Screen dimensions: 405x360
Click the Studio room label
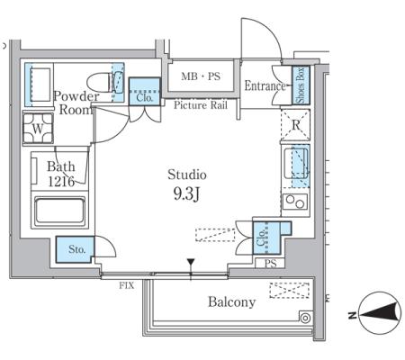click(187, 175)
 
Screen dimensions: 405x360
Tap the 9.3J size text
click(186, 194)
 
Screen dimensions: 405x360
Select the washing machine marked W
click(38, 129)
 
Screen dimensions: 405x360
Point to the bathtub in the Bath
click(59, 210)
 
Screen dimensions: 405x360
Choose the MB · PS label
click(201, 76)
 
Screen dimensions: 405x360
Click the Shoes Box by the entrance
click(301, 85)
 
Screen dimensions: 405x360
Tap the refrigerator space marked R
click(295, 125)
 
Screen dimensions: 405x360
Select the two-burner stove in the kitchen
click(295, 202)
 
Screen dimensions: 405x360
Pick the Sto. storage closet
click(75, 249)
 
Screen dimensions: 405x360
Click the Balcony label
click(231, 301)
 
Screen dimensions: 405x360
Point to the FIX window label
click(126, 285)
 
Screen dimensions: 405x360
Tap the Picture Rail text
click(201, 105)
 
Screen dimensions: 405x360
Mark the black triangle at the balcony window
click(191, 262)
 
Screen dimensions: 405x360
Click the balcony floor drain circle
click(305, 318)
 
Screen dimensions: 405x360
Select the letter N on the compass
click(352, 315)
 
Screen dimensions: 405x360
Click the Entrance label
click(265, 86)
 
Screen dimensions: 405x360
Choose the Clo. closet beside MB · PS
click(145, 92)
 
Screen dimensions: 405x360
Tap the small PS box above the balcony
click(270, 264)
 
